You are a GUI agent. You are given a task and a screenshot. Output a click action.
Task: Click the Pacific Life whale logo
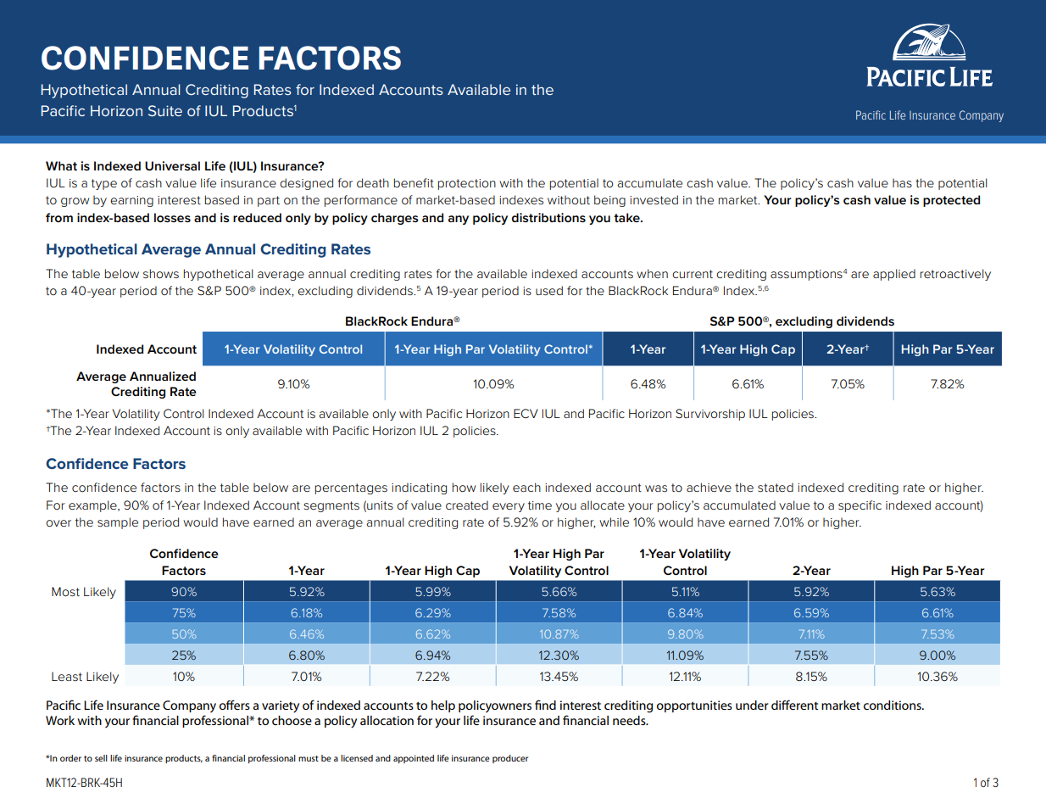pyautogui.click(x=929, y=42)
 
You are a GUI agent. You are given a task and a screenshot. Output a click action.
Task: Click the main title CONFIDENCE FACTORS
pyautogui.click(x=221, y=59)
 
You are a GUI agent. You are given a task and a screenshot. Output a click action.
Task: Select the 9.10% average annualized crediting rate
pyautogui.click(x=293, y=384)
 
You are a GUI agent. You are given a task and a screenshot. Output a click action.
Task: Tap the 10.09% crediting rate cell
pyautogui.click(x=493, y=384)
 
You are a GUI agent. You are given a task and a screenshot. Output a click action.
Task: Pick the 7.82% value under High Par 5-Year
pyautogui.click(x=947, y=384)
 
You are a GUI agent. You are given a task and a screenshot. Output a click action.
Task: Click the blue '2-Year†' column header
pyautogui.click(x=847, y=349)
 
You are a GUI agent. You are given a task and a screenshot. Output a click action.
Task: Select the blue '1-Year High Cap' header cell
pyautogui.click(x=748, y=349)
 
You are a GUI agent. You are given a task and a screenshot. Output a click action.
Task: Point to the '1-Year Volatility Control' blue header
pyautogui.click(x=293, y=349)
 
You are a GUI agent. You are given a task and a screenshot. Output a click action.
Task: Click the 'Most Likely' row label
pyautogui.click(x=83, y=592)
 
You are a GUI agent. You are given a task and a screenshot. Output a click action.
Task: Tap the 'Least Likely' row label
pyautogui.click(x=85, y=677)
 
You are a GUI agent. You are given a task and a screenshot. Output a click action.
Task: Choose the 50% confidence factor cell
pyautogui.click(x=184, y=634)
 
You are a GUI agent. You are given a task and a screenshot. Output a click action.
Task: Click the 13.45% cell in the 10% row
pyautogui.click(x=559, y=677)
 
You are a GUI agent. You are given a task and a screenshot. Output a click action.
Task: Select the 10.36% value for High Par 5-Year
pyautogui.click(x=937, y=677)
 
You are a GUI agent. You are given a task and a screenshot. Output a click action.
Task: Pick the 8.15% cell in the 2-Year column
pyautogui.click(x=810, y=677)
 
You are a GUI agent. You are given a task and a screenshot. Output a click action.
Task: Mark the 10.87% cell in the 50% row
pyautogui.click(x=559, y=634)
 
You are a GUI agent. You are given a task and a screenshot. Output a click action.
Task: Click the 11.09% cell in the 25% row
pyautogui.click(x=685, y=656)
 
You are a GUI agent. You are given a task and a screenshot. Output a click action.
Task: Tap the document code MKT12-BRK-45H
pyautogui.click(x=84, y=783)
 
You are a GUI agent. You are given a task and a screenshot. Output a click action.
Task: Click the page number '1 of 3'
pyautogui.click(x=985, y=783)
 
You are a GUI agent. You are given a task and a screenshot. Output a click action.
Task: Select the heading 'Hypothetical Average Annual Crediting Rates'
pyautogui.click(x=209, y=249)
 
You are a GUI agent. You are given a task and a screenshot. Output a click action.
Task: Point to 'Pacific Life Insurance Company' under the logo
pyautogui.click(x=929, y=115)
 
